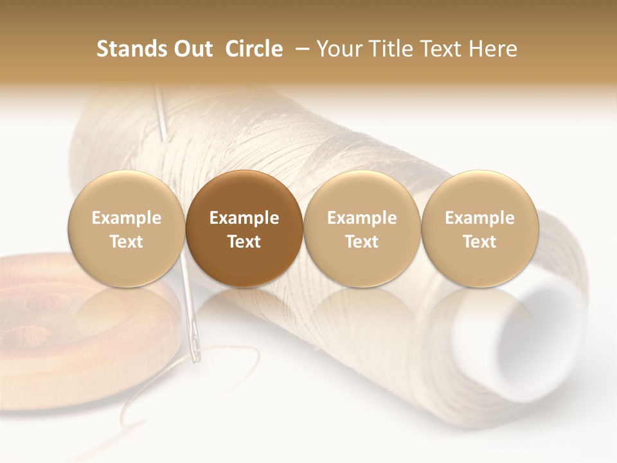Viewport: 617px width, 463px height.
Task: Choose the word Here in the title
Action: click(492, 49)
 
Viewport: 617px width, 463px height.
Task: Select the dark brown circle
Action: click(244, 228)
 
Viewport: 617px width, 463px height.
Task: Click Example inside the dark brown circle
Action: click(244, 218)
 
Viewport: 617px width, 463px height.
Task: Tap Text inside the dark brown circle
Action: click(244, 242)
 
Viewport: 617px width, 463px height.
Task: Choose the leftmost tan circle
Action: click(126, 228)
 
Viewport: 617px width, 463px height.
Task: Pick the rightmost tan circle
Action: click(480, 228)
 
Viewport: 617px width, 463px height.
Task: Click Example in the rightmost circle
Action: click(480, 218)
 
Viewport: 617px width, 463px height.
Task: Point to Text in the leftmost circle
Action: click(126, 242)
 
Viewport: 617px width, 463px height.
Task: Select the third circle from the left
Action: click(362, 228)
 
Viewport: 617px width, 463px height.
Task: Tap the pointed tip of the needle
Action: click(156, 90)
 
